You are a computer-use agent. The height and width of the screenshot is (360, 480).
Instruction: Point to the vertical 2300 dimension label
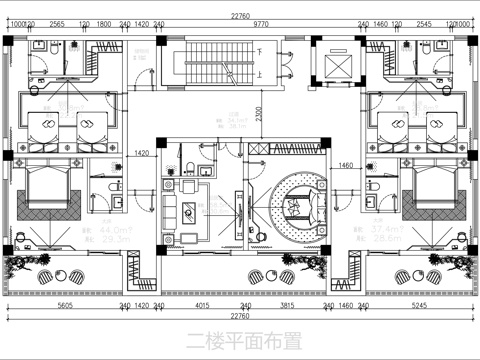tap(258, 114)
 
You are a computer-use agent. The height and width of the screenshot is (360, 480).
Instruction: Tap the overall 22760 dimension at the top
tap(240, 12)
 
